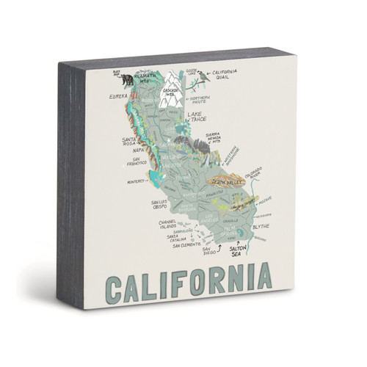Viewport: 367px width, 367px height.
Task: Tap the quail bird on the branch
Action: coord(195,73)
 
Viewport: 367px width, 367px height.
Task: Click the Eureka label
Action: coord(117,96)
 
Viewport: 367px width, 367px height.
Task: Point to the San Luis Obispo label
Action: coord(161,206)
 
